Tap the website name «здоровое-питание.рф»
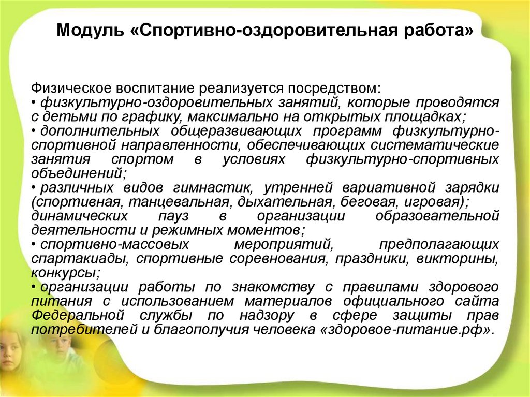(404, 329)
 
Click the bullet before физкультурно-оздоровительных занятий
(34, 102)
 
